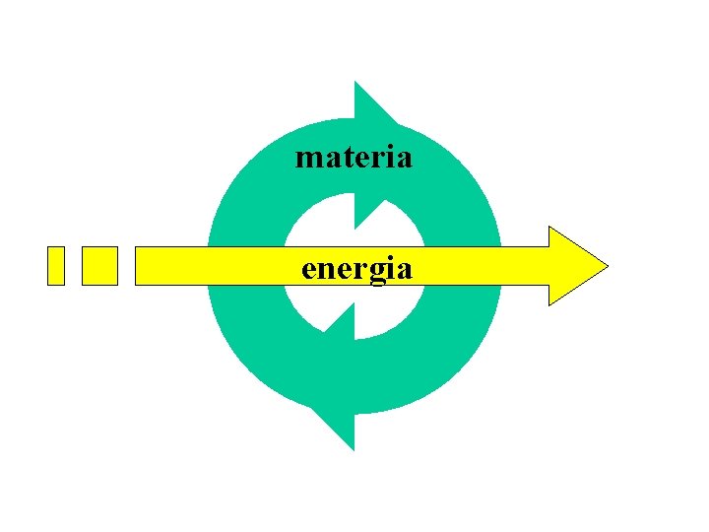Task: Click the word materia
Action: (354, 158)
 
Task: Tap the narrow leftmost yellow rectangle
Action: (56, 266)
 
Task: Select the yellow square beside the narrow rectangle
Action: (99, 266)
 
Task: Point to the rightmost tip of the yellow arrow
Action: (607, 266)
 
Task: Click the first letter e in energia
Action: (308, 269)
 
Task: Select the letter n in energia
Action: (326, 269)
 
